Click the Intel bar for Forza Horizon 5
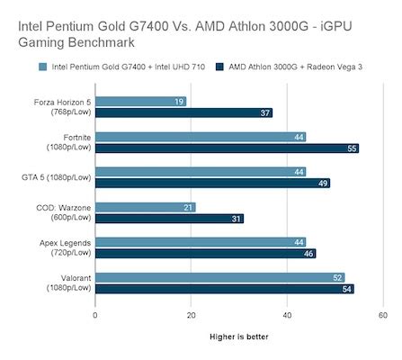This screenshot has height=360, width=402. pyautogui.click(x=140, y=102)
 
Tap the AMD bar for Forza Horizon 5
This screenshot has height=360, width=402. pyautogui.click(x=183, y=113)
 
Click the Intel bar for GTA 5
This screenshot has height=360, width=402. pyautogui.click(x=201, y=171)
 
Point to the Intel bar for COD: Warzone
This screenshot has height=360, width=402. pyautogui.click(x=145, y=207)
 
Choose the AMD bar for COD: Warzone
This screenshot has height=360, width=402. pyautogui.click(x=169, y=219)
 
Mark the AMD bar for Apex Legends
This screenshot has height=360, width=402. pyautogui.click(x=205, y=254)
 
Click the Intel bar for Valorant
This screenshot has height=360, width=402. pyautogui.click(x=219, y=277)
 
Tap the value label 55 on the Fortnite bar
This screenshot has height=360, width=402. pyautogui.click(x=352, y=148)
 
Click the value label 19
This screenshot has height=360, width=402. pyautogui.click(x=180, y=102)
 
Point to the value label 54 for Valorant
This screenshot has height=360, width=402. pyautogui.click(x=347, y=289)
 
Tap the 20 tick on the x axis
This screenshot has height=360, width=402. pyautogui.click(x=191, y=315)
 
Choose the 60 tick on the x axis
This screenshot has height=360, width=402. pyautogui.click(x=382, y=315)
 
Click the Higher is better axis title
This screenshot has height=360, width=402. pyautogui.click(x=238, y=337)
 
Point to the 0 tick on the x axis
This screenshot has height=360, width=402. pyautogui.click(x=95, y=315)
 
